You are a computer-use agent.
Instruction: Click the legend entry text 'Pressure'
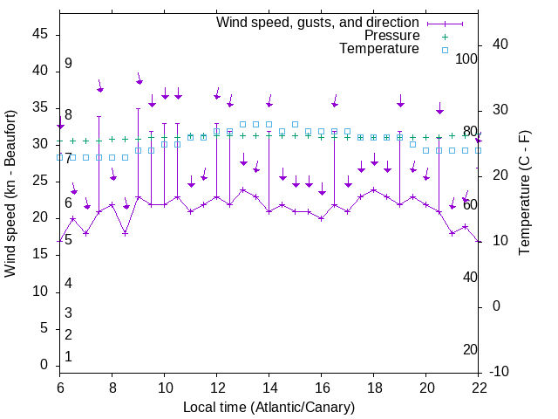[x=391, y=36]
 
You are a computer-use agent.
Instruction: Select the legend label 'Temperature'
[x=379, y=49]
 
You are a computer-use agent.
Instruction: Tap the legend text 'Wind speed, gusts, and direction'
[x=318, y=23]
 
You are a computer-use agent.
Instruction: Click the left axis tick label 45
[x=39, y=34]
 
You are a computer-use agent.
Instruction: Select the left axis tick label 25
[x=39, y=181]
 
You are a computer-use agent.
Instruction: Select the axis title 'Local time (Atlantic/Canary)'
[x=269, y=407]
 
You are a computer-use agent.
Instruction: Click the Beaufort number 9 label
[x=68, y=64]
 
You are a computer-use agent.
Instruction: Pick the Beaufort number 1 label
[x=68, y=357]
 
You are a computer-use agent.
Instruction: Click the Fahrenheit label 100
[x=467, y=59]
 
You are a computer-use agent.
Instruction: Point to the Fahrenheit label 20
[x=471, y=350]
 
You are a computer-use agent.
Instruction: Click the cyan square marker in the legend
[x=444, y=50]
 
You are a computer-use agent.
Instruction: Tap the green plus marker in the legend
[x=444, y=37]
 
